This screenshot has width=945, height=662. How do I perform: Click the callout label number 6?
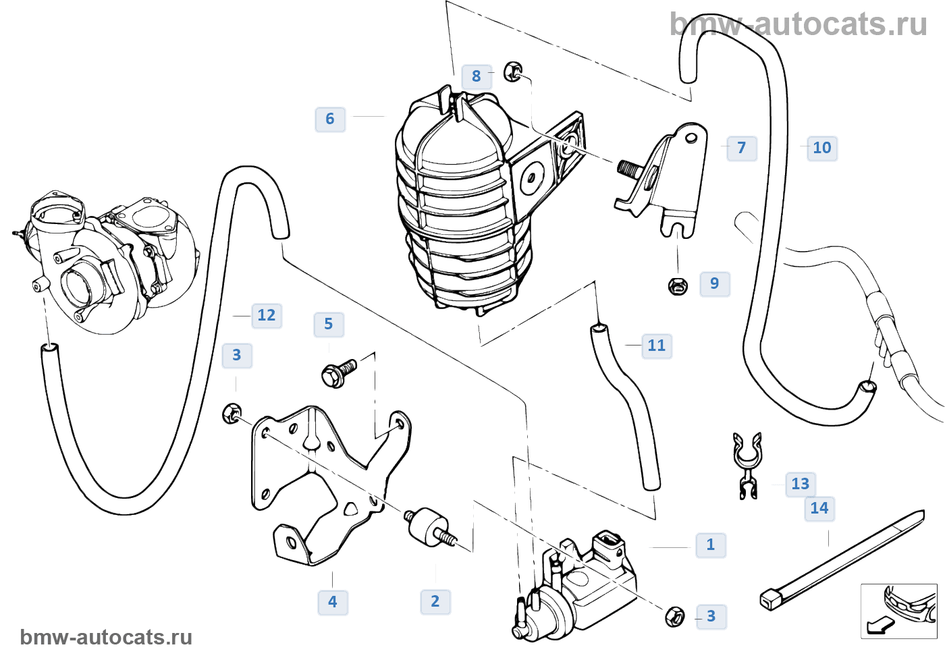point(330,119)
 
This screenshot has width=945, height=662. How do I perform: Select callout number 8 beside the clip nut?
point(477,76)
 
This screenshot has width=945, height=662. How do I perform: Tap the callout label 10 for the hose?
point(822,148)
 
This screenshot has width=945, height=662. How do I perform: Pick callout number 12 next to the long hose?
point(267,315)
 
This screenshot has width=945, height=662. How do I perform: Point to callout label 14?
point(819,508)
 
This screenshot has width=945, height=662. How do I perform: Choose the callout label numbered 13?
point(801,484)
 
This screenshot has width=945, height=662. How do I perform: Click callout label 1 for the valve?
point(711,545)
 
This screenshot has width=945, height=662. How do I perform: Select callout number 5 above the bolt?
point(329,324)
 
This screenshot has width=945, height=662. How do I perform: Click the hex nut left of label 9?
point(678,286)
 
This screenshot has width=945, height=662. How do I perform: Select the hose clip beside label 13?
point(747,464)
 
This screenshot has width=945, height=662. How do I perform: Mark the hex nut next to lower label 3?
point(674,616)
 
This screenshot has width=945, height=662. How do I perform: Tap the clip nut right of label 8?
point(513,71)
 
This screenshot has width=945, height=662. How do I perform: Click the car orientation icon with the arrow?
point(898,611)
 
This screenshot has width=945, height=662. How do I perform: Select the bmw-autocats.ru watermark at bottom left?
point(106,637)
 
